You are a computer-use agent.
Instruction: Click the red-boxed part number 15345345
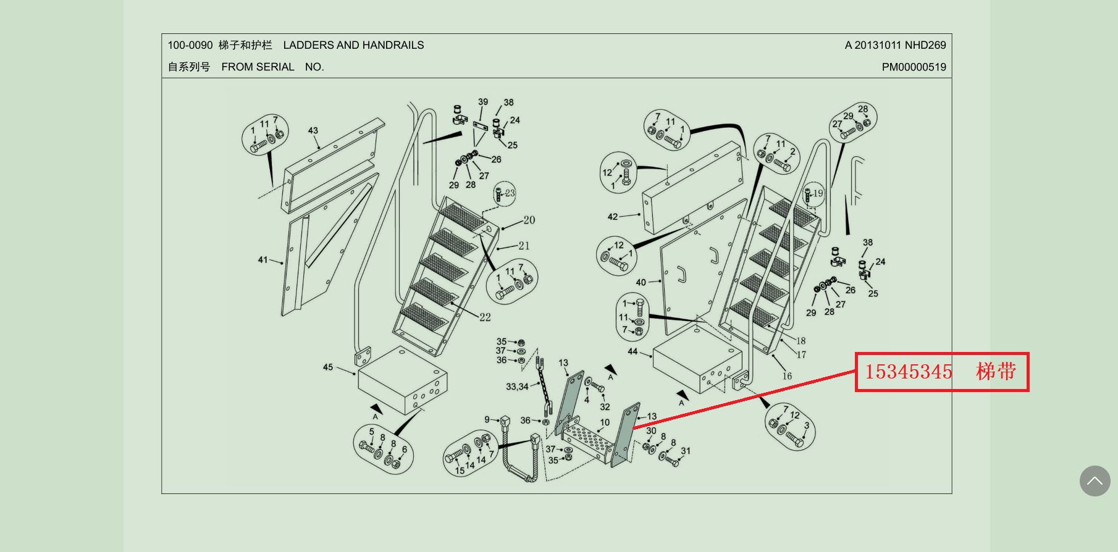[x=908, y=372]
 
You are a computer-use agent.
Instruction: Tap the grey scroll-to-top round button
[x=1095, y=481]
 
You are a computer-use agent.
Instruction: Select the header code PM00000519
[x=914, y=67]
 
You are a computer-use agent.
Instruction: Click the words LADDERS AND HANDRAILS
[x=353, y=45]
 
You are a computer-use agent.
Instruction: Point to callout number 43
[x=313, y=131]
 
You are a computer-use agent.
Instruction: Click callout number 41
[x=263, y=260]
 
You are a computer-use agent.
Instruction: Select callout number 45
[x=328, y=367]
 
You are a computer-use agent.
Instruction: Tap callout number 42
[x=612, y=217]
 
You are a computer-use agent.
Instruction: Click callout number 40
[x=641, y=283]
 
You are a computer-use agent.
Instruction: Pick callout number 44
[x=633, y=351]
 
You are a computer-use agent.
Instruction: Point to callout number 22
[x=485, y=317]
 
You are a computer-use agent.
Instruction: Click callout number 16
[x=787, y=376]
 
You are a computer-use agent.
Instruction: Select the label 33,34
[x=517, y=387]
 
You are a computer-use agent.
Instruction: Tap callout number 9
[x=487, y=420]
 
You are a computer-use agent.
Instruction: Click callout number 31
[x=686, y=451]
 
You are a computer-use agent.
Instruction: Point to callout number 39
[x=483, y=102]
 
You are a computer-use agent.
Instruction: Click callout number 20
[x=529, y=220]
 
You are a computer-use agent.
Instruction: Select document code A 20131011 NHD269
[x=895, y=45]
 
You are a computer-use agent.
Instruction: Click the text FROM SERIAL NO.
[x=272, y=67]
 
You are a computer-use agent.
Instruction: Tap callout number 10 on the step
[x=605, y=423]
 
